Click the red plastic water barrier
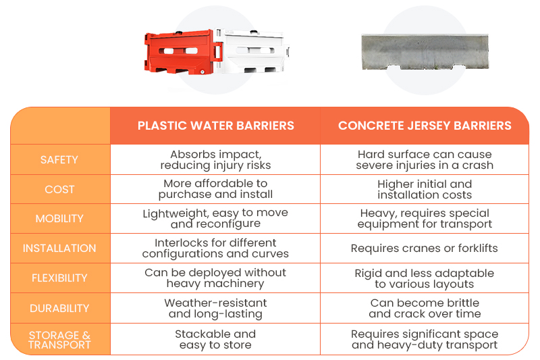[182, 52]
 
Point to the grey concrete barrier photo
[425, 52]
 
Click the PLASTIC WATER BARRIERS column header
[216, 126]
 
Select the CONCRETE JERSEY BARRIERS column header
[425, 126]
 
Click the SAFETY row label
[59, 159]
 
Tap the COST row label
[59, 189]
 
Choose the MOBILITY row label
[59, 218]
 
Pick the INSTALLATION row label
[59, 248]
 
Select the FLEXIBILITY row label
[59, 278]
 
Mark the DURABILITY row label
[59, 308]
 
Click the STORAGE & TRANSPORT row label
[59, 340]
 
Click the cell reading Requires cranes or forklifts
[425, 248]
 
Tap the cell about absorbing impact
[215, 159]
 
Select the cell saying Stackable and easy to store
[215, 339]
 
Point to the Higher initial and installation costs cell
[425, 189]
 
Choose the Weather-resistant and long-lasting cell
[215, 308]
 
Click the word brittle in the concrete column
[462, 303]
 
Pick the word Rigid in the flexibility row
[368, 274]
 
